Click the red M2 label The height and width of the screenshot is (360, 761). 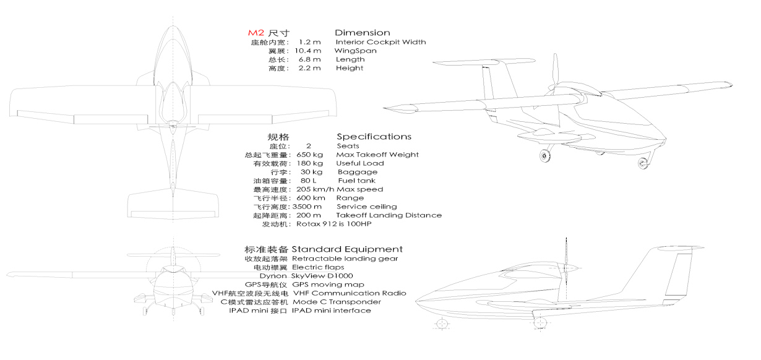(256, 33)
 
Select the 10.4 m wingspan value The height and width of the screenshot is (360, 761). (307, 51)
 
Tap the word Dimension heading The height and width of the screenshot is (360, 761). (362, 33)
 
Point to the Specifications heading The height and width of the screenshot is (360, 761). (374, 137)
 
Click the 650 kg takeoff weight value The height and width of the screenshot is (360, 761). (309, 155)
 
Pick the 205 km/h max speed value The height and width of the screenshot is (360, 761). (315, 189)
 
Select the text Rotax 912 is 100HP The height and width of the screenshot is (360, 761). (333, 224)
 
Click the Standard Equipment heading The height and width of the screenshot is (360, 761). (347, 249)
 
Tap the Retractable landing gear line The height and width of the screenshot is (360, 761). (345, 259)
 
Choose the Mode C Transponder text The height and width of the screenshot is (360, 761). (337, 302)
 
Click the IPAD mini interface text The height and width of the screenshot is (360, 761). (331, 311)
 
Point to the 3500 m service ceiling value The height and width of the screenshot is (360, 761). (307, 207)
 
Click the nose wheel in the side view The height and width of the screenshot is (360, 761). (442, 324)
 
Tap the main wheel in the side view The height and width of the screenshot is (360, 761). (540, 323)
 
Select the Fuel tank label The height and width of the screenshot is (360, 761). (357, 181)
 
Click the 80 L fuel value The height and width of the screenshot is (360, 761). (308, 181)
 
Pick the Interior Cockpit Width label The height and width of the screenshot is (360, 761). (380, 42)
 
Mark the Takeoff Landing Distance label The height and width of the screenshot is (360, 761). (389, 215)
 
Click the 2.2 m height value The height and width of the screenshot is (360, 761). (309, 68)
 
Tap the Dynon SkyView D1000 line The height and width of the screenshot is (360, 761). (306, 276)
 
